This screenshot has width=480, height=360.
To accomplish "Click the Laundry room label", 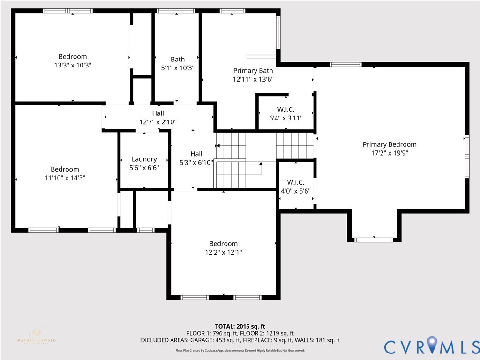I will pos(144,159).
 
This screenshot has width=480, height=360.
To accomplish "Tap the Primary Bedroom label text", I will pos(389,144).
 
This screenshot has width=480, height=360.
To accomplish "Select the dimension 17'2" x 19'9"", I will pos(389,153).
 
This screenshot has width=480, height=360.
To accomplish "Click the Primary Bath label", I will pos(253,71).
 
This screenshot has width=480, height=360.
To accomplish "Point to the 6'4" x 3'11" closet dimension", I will pos(285,118).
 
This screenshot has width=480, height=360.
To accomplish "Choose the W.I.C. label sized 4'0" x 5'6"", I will pos(295,182).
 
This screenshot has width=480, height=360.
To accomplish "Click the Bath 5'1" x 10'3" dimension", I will pos(177,68).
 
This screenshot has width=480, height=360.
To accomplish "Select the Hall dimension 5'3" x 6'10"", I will pos(196,163).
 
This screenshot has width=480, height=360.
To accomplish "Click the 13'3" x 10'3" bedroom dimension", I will pos(72,66).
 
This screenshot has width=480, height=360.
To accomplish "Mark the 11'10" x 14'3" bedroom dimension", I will pos(65,178).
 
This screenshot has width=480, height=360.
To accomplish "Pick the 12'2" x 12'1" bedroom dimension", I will pos(223,252).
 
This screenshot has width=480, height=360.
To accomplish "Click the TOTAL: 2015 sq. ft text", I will pos(240,326).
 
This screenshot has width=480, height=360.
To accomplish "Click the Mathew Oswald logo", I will pos(36,337).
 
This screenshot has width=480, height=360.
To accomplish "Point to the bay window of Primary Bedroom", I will pos(374,240).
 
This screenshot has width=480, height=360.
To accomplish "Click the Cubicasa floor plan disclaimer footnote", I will pos(240,351).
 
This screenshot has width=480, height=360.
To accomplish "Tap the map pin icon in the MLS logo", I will pos(431,346).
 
